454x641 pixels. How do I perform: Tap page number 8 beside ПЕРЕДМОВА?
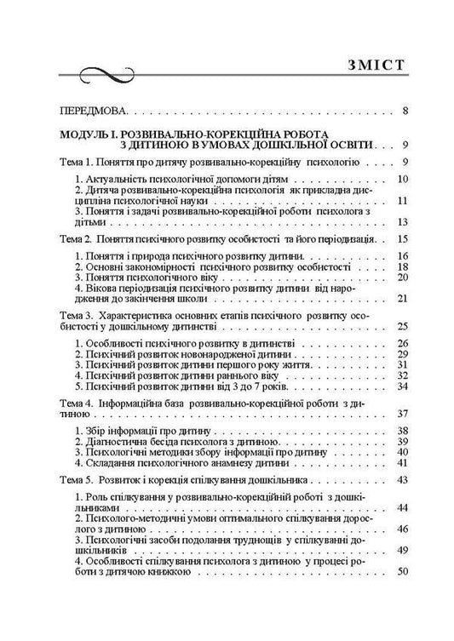tap(405, 111)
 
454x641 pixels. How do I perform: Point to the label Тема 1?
tap(73, 162)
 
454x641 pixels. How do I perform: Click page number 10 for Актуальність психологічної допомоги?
tap(404, 179)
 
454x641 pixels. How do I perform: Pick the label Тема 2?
tap(73, 238)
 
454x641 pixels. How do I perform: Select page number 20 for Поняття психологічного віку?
tap(404, 278)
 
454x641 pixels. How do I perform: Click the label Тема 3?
tap(73, 314)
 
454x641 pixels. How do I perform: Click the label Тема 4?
tap(73, 401)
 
